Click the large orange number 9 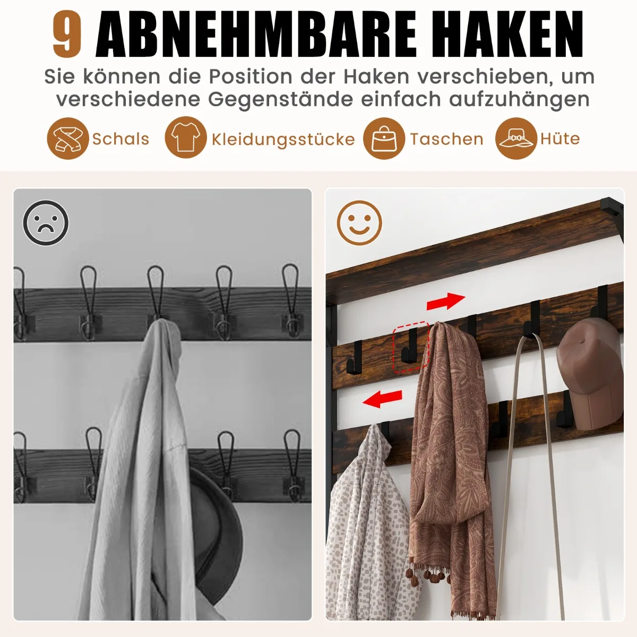coord(67,34)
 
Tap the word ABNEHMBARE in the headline coord(256,34)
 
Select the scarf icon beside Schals coord(68,139)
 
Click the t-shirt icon coord(186,137)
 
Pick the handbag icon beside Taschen coord(384,139)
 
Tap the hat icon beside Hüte coord(516,139)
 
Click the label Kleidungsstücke coord(283,139)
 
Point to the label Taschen coord(446,139)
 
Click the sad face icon coord(46,223)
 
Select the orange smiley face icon coord(359,223)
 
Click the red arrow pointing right coord(445,302)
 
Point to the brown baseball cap coord(590,375)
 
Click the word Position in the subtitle coord(251,76)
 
